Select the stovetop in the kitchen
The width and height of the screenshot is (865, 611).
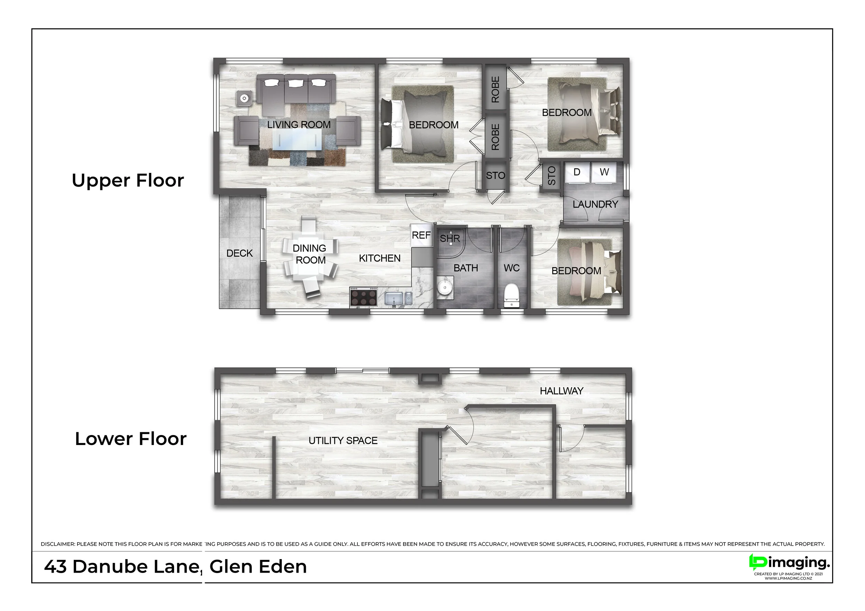click(364, 297)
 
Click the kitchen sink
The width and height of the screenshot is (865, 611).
click(398, 298)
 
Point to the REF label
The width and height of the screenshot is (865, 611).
click(421, 235)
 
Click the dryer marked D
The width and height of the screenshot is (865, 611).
click(576, 173)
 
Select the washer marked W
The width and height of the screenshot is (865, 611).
click(604, 173)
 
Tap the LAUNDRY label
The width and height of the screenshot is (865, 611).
click(595, 204)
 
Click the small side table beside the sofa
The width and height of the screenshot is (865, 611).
click(244, 99)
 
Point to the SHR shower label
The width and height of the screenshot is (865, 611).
click(450, 238)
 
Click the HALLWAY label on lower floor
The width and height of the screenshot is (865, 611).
click(561, 391)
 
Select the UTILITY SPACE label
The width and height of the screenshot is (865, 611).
click(343, 441)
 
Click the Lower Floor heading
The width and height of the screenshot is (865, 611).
click(130, 439)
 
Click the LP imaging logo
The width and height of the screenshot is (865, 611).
click(789, 563)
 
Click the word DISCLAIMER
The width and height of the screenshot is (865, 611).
click(58, 544)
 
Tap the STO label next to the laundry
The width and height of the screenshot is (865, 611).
click(551, 176)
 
